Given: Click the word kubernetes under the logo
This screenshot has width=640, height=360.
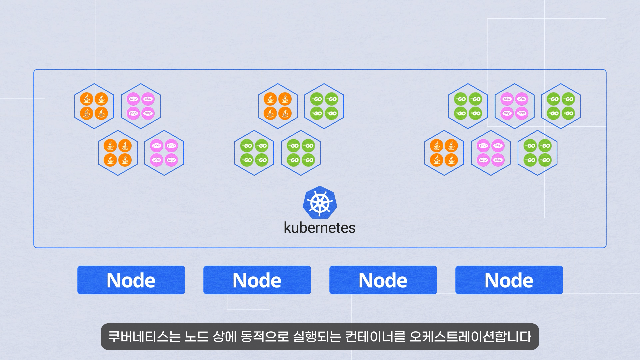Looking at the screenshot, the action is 320,228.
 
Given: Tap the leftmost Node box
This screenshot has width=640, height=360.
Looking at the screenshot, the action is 131,280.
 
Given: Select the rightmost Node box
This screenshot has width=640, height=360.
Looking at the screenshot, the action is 509,280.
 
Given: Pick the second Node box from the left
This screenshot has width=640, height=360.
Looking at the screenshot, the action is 257,280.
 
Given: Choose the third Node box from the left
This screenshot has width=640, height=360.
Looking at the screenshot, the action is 383,280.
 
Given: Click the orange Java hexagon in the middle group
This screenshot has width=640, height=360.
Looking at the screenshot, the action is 278,106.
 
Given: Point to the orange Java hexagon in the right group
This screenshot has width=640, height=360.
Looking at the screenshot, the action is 444,153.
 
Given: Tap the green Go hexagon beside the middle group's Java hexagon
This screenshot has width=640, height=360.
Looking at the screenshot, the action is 324,106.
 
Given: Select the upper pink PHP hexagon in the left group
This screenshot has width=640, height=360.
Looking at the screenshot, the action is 141,106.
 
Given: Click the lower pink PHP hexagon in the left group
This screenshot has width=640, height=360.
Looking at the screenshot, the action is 164,153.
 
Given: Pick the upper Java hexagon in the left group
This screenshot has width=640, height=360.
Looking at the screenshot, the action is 94,106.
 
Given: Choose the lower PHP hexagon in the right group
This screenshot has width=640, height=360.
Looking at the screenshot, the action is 491,153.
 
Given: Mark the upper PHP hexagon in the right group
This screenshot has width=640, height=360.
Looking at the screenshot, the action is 514,106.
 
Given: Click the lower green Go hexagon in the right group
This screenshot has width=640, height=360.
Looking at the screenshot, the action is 537,153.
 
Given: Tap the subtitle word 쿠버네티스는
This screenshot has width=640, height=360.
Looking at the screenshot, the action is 144,337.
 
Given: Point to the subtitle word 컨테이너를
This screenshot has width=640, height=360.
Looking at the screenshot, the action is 375,337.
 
